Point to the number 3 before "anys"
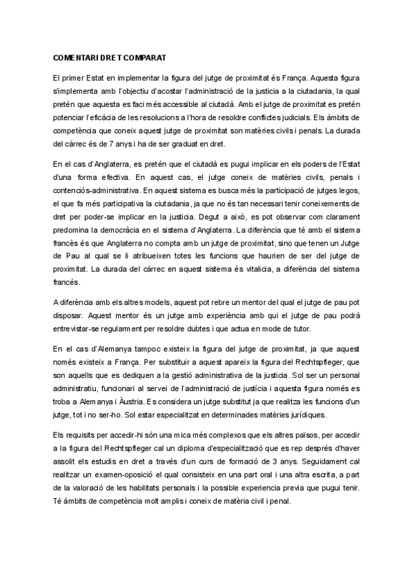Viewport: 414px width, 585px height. (260, 465)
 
